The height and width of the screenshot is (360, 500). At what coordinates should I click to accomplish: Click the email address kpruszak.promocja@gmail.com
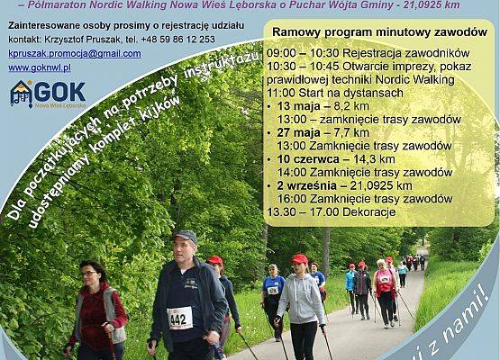click(75, 53)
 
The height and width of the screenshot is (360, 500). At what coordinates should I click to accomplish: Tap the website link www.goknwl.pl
click(40, 67)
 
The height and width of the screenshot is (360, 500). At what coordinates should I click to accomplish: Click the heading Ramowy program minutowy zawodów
click(379, 31)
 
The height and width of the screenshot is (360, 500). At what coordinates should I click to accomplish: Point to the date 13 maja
click(303, 105)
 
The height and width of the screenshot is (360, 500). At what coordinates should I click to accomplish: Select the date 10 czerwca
click(310, 158)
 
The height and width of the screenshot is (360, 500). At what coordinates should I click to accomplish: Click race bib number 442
click(179, 318)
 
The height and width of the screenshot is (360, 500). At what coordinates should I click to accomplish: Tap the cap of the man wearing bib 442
click(186, 236)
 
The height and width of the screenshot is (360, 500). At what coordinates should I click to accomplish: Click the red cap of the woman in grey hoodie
click(299, 259)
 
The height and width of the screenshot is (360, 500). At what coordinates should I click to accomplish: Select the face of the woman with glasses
click(90, 273)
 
